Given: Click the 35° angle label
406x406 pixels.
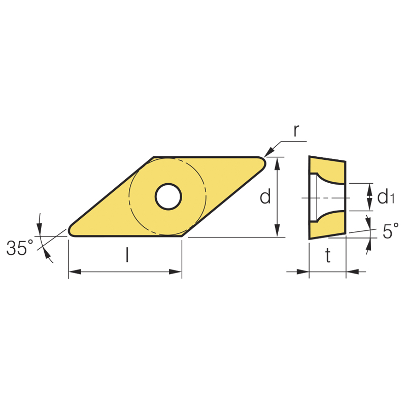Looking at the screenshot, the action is pos(20,248).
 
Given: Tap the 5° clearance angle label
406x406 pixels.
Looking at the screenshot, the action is pos(390,231).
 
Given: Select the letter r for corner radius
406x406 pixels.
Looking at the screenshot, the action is pos(296,130).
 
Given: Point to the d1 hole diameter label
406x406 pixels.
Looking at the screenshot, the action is pos(386,197).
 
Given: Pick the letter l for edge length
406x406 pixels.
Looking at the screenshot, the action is pos(127,255).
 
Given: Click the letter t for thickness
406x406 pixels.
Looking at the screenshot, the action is pos(328,255).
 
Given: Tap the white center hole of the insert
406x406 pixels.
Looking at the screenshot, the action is pos(168,196).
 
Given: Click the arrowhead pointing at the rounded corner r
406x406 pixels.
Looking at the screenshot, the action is pos(269,152).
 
